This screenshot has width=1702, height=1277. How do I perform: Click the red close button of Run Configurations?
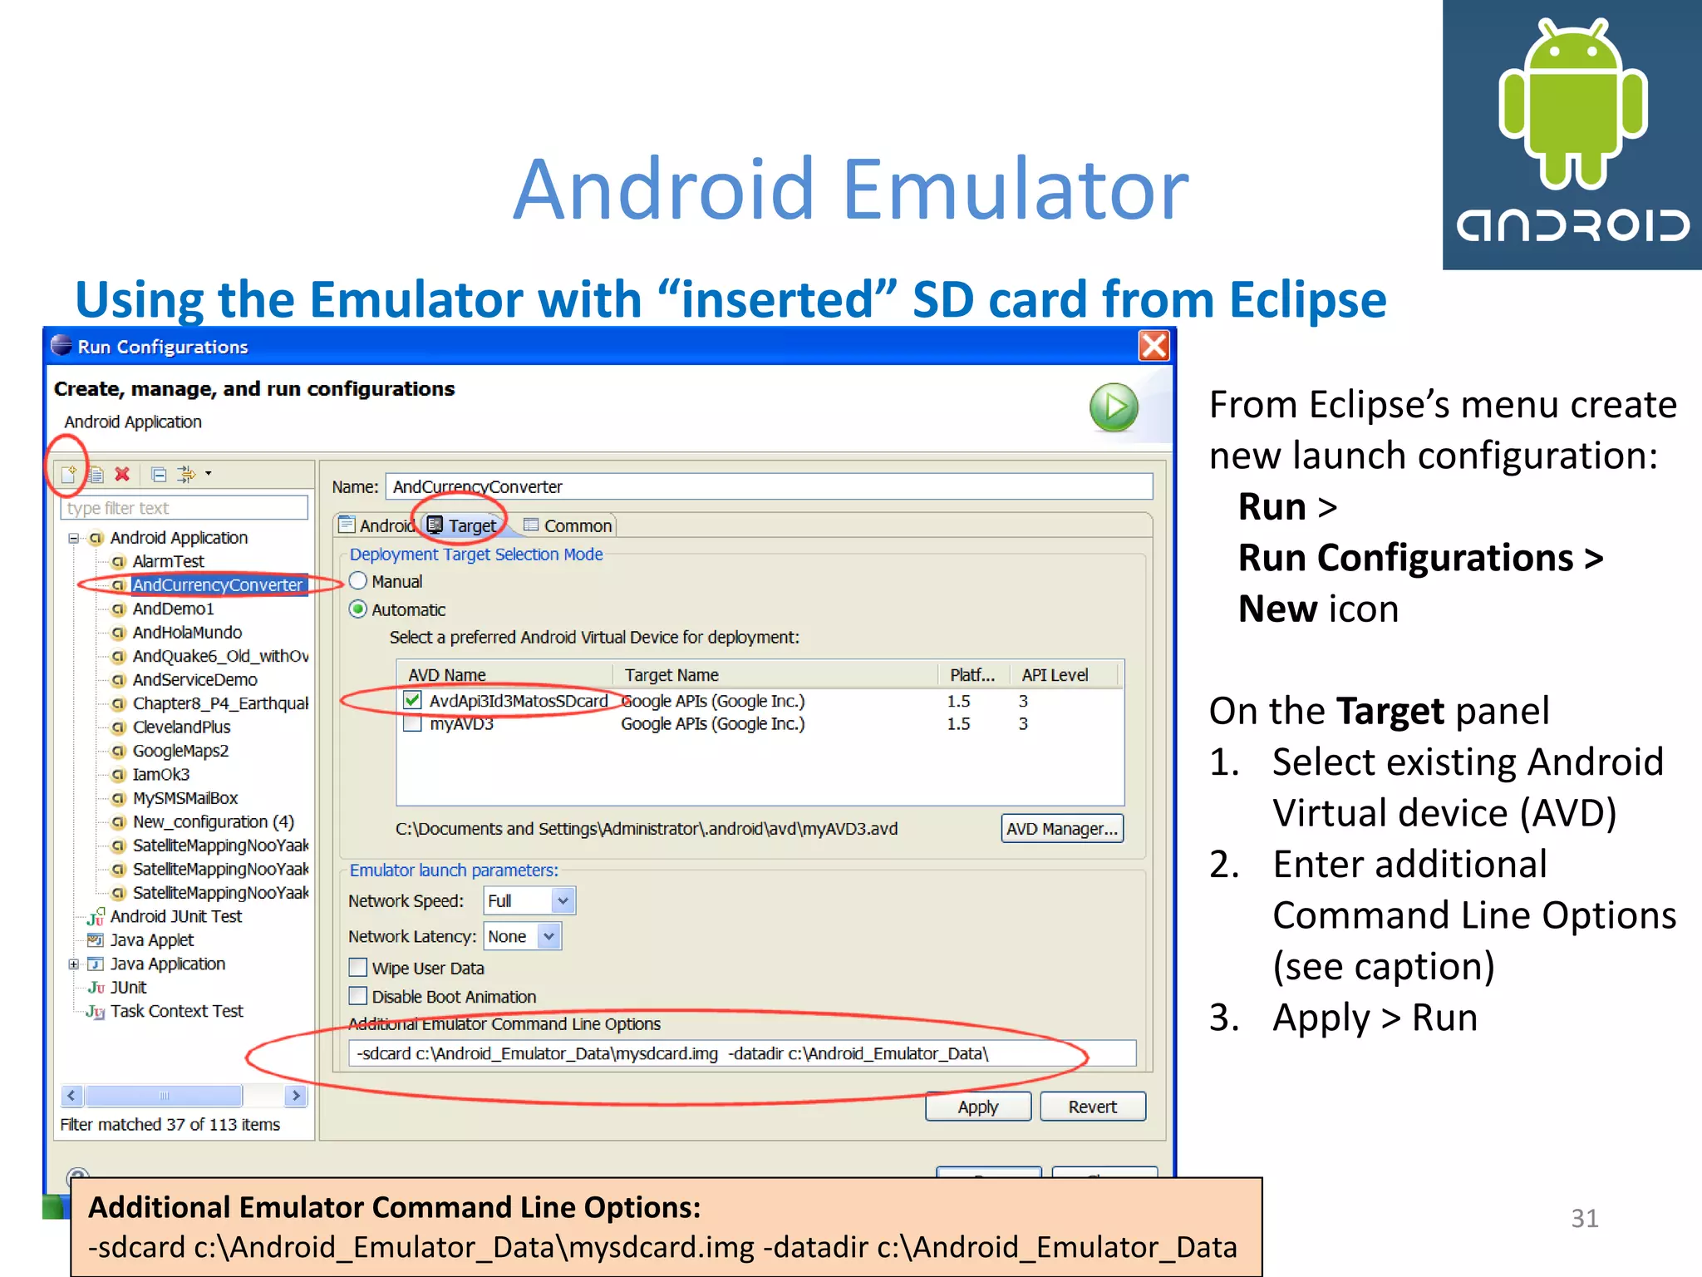click(1154, 346)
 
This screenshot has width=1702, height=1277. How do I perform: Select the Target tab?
click(463, 525)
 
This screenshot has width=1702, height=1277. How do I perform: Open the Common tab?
click(568, 525)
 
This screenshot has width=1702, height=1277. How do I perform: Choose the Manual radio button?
click(358, 581)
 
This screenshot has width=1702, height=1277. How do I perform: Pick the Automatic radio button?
click(358, 609)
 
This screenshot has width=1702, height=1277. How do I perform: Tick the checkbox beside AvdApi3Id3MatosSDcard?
click(412, 701)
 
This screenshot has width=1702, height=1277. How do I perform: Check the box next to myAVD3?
click(412, 723)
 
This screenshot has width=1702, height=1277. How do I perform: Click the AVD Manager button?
click(1061, 829)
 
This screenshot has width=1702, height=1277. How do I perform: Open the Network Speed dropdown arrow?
click(563, 900)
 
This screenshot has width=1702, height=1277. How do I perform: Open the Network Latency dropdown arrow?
click(548, 936)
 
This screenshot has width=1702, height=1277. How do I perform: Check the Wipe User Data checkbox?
click(358, 968)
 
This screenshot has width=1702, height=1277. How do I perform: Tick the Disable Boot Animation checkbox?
click(358, 996)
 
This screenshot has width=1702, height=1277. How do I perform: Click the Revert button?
click(1092, 1107)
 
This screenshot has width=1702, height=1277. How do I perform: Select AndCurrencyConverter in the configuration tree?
click(217, 585)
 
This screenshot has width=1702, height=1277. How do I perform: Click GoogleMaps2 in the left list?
click(180, 751)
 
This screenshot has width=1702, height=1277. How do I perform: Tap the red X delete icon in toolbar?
click(122, 474)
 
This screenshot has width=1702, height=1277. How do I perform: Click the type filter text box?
click(184, 508)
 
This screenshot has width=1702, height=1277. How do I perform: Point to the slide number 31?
click(1584, 1218)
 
